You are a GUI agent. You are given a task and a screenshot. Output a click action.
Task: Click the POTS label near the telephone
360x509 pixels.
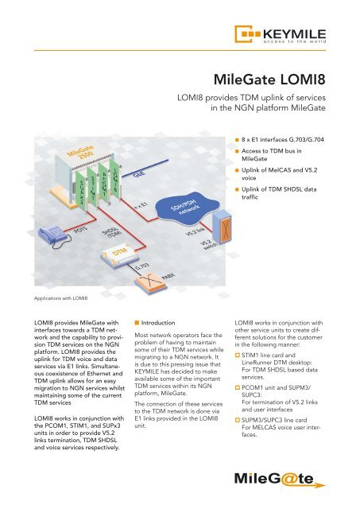(79, 229)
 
